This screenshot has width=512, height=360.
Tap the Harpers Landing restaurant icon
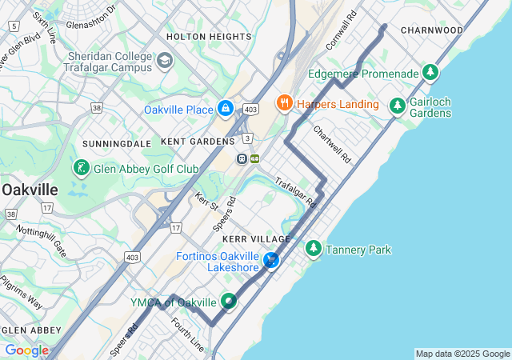pyautogui.click(x=283, y=103)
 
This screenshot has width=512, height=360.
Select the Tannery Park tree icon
pyautogui.click(x=314, y=250)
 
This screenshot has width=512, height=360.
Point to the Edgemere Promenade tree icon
pyautogui.click(x=431, y=74)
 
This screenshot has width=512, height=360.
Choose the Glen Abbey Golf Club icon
pyautogui.click(x=82, y=168)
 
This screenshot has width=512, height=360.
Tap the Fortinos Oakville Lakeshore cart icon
pyautogui.click(x=271, y=260)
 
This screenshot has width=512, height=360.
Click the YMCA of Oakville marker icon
pyautogui.click(x=230, y=302)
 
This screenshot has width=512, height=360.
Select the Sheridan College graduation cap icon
pyautogui.click(x=165, y=61)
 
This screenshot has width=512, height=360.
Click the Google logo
pyautogui.click(x=26, y=350)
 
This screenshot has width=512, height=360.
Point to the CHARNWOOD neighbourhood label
pyautogui.click(x=432, y=30)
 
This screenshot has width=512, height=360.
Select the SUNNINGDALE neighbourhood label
pyautogui.click(x=117, y=143)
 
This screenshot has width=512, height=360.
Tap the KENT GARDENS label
pyautogui.click(x=197, y=141)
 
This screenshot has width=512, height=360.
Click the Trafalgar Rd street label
pyautogui.click(x=296, y=193)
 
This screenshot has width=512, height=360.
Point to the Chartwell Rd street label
pyautogui.click(x=332, y=145)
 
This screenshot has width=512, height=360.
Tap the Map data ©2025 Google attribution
pyautogui.click(x=462, y=354)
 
